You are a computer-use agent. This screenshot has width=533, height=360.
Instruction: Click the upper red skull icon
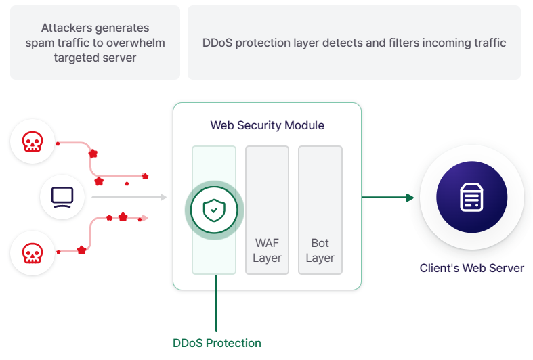point(33,141)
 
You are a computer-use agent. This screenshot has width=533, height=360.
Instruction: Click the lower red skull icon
point(33,253)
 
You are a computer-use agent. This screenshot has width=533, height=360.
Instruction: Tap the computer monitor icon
point(62,198)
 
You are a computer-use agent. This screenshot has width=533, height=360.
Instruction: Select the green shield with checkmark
point(214,210)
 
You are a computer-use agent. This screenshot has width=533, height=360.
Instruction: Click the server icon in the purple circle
point(471,198)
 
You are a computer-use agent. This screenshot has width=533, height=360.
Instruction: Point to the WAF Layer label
point(268,250)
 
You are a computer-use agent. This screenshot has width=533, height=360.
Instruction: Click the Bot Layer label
point(320,250)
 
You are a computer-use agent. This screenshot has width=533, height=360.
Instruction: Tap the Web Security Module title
point(268,125)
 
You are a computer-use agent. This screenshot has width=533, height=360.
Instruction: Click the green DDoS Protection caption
point(217,343)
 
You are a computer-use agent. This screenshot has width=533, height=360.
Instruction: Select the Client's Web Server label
point(472,268)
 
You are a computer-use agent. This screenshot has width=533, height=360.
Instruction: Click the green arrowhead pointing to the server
point(410,198)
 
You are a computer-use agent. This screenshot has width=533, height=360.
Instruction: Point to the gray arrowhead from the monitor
point(164,197)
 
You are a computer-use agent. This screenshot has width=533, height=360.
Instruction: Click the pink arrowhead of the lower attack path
point(145,218)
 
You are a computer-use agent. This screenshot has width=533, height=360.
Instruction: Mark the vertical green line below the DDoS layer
point(216,303)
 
